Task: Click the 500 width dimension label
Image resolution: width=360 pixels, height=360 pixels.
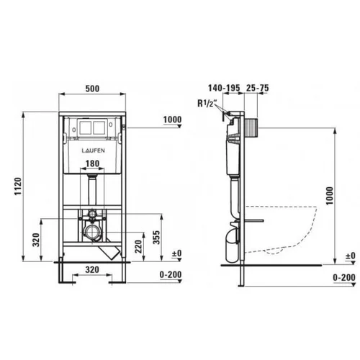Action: (x=92, y=89)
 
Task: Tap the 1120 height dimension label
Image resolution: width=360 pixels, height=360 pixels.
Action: (x=18, y=186)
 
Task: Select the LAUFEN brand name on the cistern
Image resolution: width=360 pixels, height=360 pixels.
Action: (x=93, y=150)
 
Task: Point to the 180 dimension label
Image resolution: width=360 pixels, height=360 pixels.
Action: (x=92, y=163)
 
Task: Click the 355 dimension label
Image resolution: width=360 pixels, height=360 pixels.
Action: (x=156, y=238)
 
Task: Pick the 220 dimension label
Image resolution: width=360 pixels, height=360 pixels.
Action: (x=138, y=246)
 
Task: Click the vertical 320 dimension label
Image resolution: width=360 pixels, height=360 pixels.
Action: (x=36, y=240)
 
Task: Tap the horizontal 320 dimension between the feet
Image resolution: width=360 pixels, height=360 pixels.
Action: (x=92, y=270)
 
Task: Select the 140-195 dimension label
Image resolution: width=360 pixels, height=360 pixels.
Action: (x=224, y=88)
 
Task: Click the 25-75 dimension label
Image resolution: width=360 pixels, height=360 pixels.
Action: (x=257, y=88)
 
